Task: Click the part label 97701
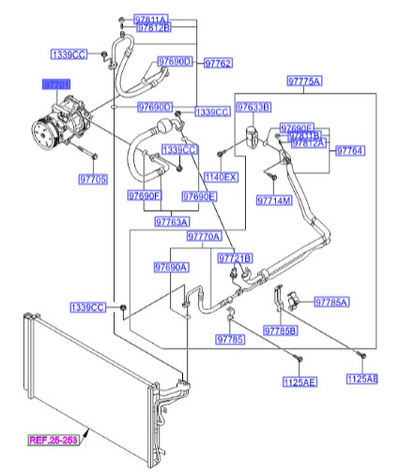(x=55, y=84)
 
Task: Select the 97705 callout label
(x=93, y=179)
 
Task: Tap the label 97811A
(x=152, y=19)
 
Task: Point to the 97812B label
(x=154, y=29)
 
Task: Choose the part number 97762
(x=216, y=63)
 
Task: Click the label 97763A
(x=172, y=222)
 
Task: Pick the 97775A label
(x=303, y=82)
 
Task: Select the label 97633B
(x=254, y=107)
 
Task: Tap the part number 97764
(x=350, y=150)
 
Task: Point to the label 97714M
(x=274, y=201)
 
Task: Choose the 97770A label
(x=204, y=237)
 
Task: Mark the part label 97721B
(x=235, y=257)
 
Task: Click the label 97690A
(x=172, y=267)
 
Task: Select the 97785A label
(x=331, y=302)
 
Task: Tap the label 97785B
(x=281, y=330)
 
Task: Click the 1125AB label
(x=361, y=379)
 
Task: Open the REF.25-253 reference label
(x=53, y=439)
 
